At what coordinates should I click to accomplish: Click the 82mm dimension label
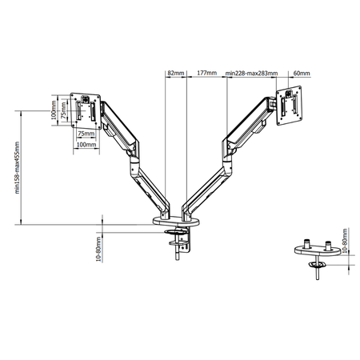pyautogui.click(x=175, y=73)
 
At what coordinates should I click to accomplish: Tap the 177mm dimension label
pyautogui.click(x=206, y=73)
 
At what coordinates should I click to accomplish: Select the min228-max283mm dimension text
pyautogui.click(x=251, y=73)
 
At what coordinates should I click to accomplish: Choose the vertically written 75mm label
pyautogui.click(x=66, y=114)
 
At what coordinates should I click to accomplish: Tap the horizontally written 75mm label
pyautogui.click(x=86, y=134)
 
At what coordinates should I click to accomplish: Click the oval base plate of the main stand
pyautogui.click(x=178, y=220)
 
